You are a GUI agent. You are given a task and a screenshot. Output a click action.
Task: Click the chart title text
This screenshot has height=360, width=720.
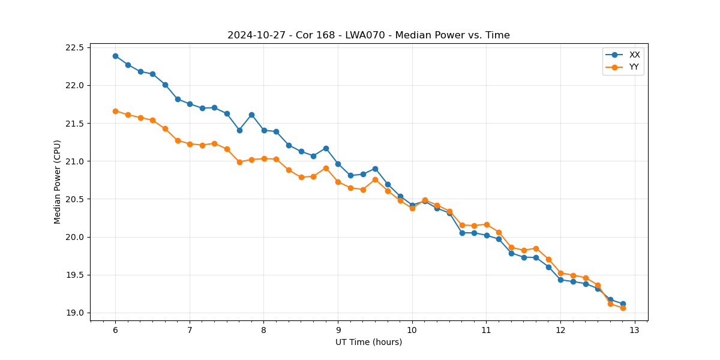pyautogui.click(x=368, y=35)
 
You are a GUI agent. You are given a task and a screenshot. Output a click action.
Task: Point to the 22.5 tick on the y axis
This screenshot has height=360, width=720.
pyautogui.click(x=76, y=47)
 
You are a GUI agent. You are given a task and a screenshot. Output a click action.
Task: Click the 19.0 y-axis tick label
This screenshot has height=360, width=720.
pyautogui.click(x=76, y=313)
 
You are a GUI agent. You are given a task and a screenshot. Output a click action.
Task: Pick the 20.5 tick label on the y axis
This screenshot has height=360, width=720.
pyautogui.click(x=76, y=199)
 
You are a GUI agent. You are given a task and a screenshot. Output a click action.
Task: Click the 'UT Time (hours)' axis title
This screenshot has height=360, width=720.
pyautogui.click(x=368, y=343)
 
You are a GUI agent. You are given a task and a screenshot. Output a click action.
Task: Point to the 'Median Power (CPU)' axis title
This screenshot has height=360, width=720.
pyautogui.click(x=58, y=182)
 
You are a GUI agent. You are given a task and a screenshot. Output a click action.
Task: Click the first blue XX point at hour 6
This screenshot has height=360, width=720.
pyautogui.click(x=115, y=56)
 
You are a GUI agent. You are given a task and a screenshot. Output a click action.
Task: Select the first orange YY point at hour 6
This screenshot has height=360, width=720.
pyautogui.click(x=115, y=111)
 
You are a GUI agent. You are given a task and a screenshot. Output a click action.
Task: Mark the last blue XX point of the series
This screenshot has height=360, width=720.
pyautogui.click(x=623, y=304)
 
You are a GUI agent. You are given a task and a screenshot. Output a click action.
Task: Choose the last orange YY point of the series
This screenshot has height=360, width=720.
pyautogui.click(x=623, y=308)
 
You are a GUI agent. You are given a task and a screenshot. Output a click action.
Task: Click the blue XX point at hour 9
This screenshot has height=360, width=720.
pyautogui.click(x=338, y=164)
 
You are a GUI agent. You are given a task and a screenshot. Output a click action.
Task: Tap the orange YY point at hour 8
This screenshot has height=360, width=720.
pyautogui.click(x=264, y=158)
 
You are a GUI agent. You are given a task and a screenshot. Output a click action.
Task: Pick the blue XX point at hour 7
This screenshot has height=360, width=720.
pyautogui.click(x=190, y=104)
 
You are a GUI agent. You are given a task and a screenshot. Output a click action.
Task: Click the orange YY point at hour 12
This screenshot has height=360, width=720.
pyautogui.click(x=560, y=273)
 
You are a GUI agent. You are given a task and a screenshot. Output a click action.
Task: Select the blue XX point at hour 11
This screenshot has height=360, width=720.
pyautogui.click(x=487, y=235)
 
